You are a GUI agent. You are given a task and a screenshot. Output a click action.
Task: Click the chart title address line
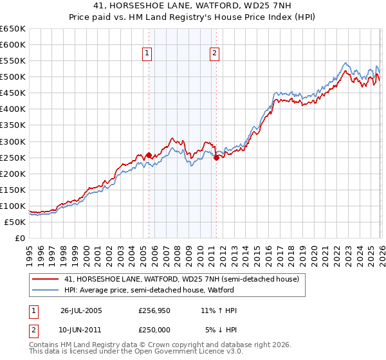click(x=193, y=6)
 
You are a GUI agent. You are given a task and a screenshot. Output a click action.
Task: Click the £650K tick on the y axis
click(x=13, y=29)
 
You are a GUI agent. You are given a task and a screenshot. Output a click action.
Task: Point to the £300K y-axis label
click(x=13, y=141)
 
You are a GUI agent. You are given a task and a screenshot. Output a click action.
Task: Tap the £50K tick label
click(x=15, y=222)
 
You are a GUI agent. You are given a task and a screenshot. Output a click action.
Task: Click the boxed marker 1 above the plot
click(x=148, y=54)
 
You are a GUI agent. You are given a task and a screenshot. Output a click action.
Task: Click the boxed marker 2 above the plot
click(x=214, y=54)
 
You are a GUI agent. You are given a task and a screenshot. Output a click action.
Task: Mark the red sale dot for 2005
click(x=149, y=155)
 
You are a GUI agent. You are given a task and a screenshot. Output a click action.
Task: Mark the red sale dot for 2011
click(x=216, y=157)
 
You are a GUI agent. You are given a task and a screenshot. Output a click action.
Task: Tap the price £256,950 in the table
click(x=154, y=310)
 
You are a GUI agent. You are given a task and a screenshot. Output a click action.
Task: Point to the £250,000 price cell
click(x=154, y=329)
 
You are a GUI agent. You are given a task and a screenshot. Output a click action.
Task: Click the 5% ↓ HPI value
click(x=221, y=329)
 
